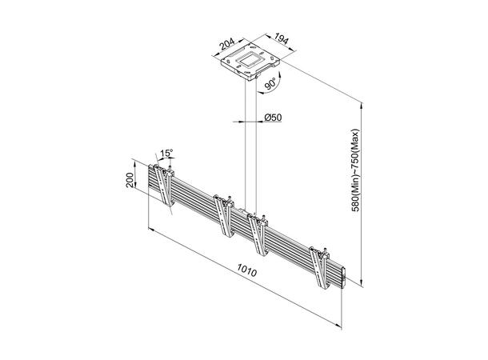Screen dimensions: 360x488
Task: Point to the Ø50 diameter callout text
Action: pyautogui.click(x=274, y=118)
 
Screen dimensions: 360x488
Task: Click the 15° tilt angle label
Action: pyautogui.click(x=166, y=152)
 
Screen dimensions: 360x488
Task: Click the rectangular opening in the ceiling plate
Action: pyautogui.click(x=251, y=58)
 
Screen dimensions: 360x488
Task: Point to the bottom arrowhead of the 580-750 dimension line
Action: pyautogui.click(x=363, y=283)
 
